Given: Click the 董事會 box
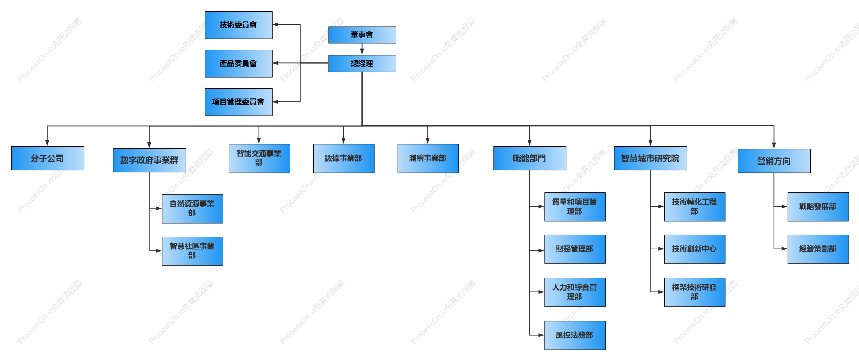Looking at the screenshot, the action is [x=362, y=35].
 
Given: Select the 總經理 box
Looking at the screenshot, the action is [x=362, y=63].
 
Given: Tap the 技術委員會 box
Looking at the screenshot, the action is [x=238, y=25].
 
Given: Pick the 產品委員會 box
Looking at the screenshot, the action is [x=238, y=64].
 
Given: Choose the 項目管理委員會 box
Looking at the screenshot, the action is [x=238, y=102].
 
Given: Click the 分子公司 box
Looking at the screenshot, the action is [x=48, y=158].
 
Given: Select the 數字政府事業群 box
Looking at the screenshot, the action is [x=150, y=160].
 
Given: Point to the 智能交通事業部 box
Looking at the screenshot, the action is [x=259, y=158].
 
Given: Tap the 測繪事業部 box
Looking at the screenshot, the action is [x=428, y=158].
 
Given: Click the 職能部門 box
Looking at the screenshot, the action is [x=530, y=158].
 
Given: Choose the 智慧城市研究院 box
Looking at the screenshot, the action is [x=651, y=158].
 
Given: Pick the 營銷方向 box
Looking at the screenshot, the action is [x=774, y=161].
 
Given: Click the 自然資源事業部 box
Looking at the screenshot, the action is [x=192, y=209].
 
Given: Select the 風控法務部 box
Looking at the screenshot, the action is [x=575, y=335].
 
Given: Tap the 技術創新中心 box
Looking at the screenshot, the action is [x=695, y=249].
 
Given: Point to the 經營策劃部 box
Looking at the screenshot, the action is [x=818, y=249].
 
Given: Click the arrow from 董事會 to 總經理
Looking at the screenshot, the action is [x=362, y=49].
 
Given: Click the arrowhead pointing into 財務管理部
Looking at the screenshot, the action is [x=541, y=251].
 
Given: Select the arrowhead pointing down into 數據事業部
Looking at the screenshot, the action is [x=343, y=141].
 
